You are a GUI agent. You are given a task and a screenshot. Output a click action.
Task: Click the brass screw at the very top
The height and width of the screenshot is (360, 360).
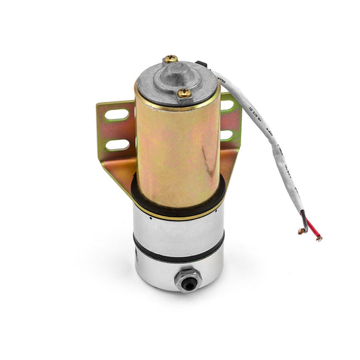(x=171, y=59)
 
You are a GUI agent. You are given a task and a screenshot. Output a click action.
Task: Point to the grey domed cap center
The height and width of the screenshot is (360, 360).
(x=174, y=76)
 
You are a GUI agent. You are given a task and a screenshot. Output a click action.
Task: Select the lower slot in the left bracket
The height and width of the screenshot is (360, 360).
(x=118, y=144)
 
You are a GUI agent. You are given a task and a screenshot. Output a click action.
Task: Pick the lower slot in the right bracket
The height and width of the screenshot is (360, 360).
(x=226, y=135)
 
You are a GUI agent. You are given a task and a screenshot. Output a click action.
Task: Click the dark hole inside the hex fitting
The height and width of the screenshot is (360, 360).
(x=187, y=280)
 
